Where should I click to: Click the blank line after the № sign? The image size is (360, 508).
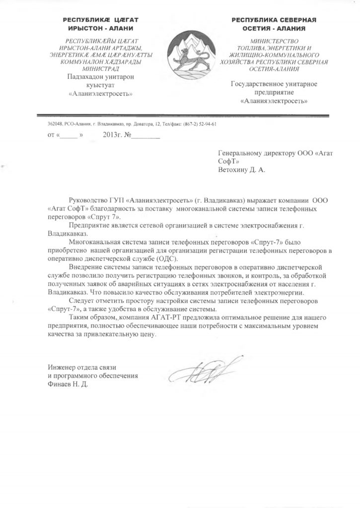tap(146, 135)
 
